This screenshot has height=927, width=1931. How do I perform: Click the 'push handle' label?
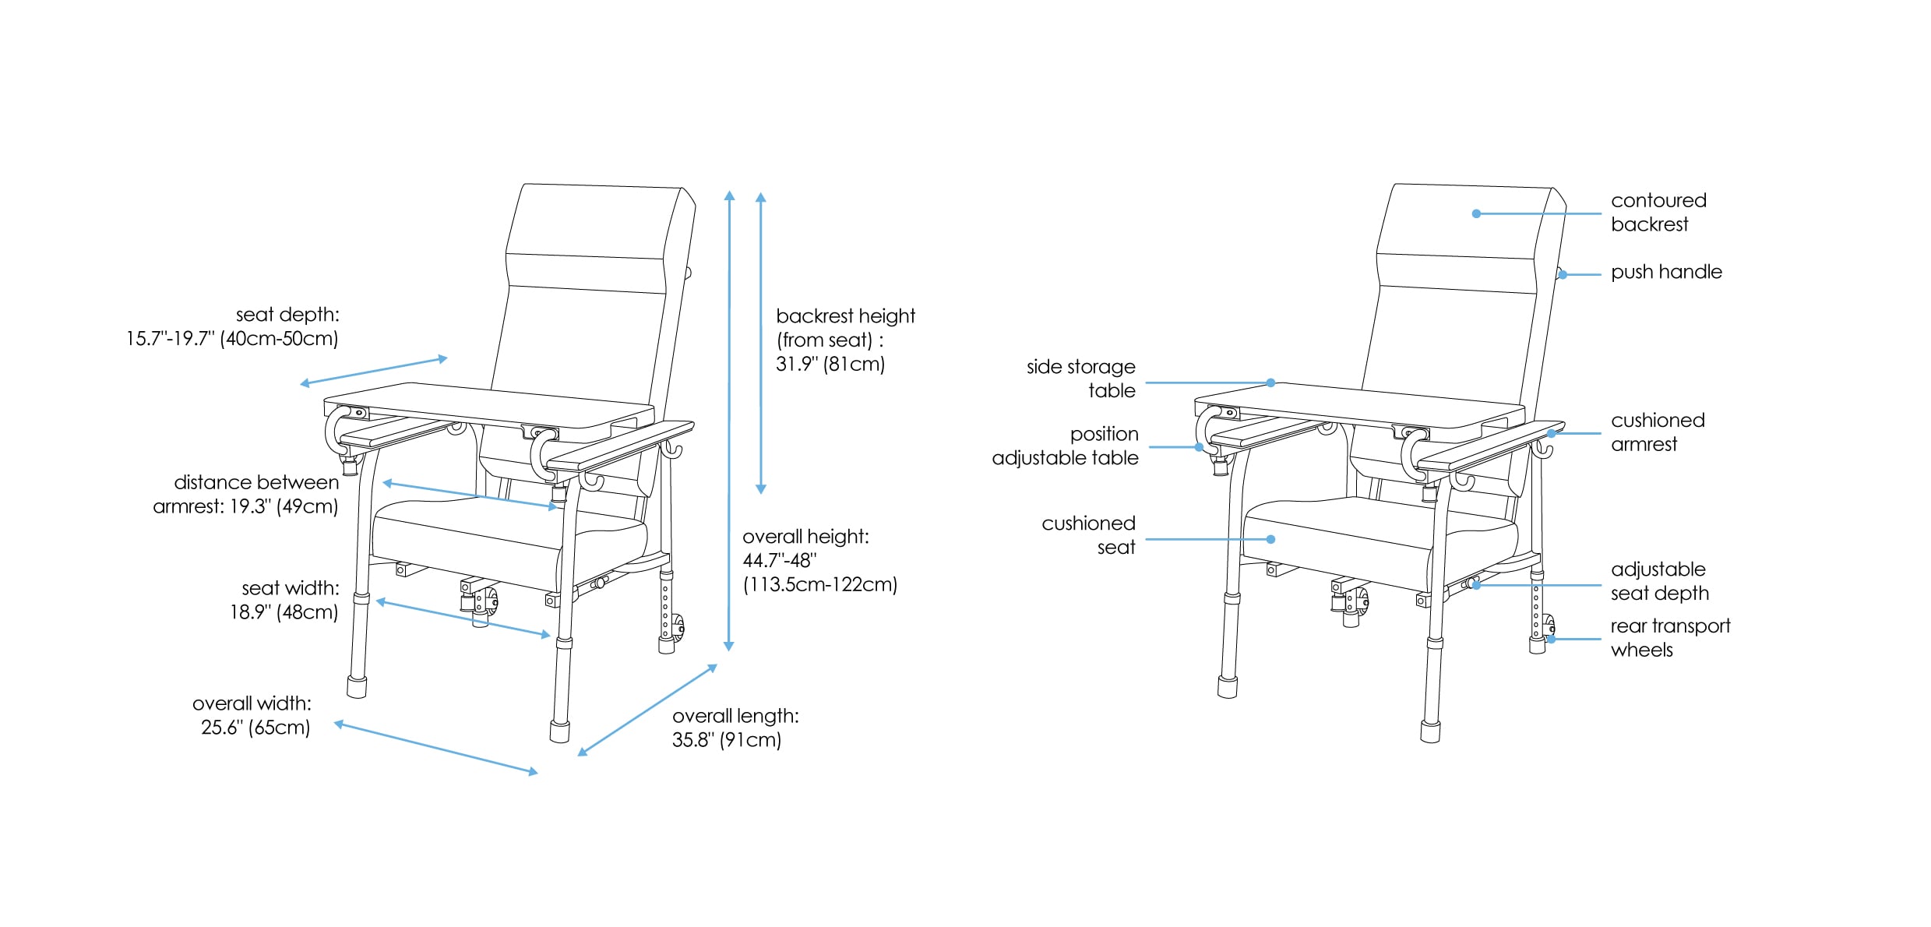tap(1666, 272)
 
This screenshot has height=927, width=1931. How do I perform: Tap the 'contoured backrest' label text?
tap(1658, 213)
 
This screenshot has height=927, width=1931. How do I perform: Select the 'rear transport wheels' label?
tap(1670, 638)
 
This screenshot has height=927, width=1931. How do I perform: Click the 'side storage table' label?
tap(1080, 379)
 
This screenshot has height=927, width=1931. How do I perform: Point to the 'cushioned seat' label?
tap(1088, 535)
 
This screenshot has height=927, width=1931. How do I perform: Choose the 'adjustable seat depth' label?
tap(1660, 581)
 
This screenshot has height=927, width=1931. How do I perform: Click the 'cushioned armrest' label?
tap(1658, 432)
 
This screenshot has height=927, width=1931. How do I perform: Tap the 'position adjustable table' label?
tap(1065, 446)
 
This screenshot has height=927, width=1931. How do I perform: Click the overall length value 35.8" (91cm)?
tap(727, 740)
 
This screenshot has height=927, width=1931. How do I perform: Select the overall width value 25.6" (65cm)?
tap(255, 728)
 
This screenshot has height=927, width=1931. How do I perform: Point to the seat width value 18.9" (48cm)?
tap(284, 612)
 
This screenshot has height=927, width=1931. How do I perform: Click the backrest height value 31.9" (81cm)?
tap(830, 365)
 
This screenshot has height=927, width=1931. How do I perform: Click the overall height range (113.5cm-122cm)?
tap(820, 585)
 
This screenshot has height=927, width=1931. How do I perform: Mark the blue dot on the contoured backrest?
tap(1476, 213)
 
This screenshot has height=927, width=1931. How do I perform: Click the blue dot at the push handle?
tap(1563, 275)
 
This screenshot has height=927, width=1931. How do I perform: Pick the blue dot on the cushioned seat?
tap(1270, 539)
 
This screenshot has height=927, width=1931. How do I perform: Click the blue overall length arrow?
tap(647, 710)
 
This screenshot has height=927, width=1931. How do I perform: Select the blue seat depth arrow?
tap(374, 371)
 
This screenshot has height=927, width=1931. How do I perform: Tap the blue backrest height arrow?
tap(761, 343)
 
